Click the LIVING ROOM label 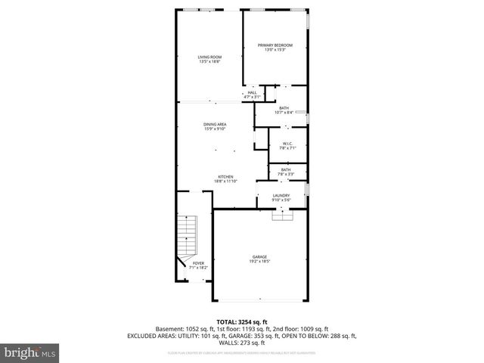click(209, 57)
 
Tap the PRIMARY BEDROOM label click(275, 45)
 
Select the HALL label click(252, 92)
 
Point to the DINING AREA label click(215, 124)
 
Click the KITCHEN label click(225, 176)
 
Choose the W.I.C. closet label click(287, 143)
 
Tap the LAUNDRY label click(281, 195)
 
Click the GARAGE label click(259, 256)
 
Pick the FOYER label click(198, 262)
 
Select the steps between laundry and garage click(282, 215)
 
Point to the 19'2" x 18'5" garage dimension click(259, 261)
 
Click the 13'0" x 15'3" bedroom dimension click(275, 50)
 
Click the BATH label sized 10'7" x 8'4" click(284, 107)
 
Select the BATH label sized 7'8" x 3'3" click(286, 169)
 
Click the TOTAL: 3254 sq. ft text click(241, 322)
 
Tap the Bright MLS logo click(29, 352)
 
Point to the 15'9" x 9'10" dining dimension click(215, 129)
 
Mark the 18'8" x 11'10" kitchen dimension click(225, 181)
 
